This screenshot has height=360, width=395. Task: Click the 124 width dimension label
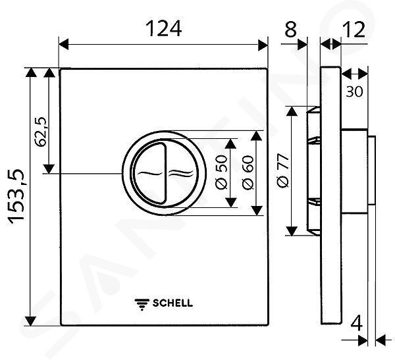(163, 28)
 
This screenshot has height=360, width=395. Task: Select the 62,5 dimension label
(41, 132)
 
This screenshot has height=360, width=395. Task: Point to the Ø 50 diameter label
(221, 172)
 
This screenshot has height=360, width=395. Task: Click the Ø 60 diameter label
(248, 172)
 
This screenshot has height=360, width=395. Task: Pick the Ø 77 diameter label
(282, 170)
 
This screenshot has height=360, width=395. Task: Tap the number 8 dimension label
(290, 29)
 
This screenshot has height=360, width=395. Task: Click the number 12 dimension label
(354, 30)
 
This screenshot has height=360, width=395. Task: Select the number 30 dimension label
(354, 91)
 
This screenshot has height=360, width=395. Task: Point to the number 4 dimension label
(356, 323)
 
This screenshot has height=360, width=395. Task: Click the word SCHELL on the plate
(172, 303)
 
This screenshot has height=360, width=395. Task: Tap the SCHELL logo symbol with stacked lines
(142, 304)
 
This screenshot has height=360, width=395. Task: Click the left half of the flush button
(149, 173)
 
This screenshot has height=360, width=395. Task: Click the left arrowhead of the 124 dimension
(63, 44)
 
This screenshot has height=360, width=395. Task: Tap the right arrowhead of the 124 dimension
(263, 44)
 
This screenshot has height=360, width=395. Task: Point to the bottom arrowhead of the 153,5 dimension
(30, 321)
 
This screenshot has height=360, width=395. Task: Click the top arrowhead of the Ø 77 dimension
(292, 111)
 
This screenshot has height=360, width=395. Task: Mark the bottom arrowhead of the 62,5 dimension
(49, 168)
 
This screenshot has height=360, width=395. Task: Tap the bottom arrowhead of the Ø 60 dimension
(257, 211)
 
